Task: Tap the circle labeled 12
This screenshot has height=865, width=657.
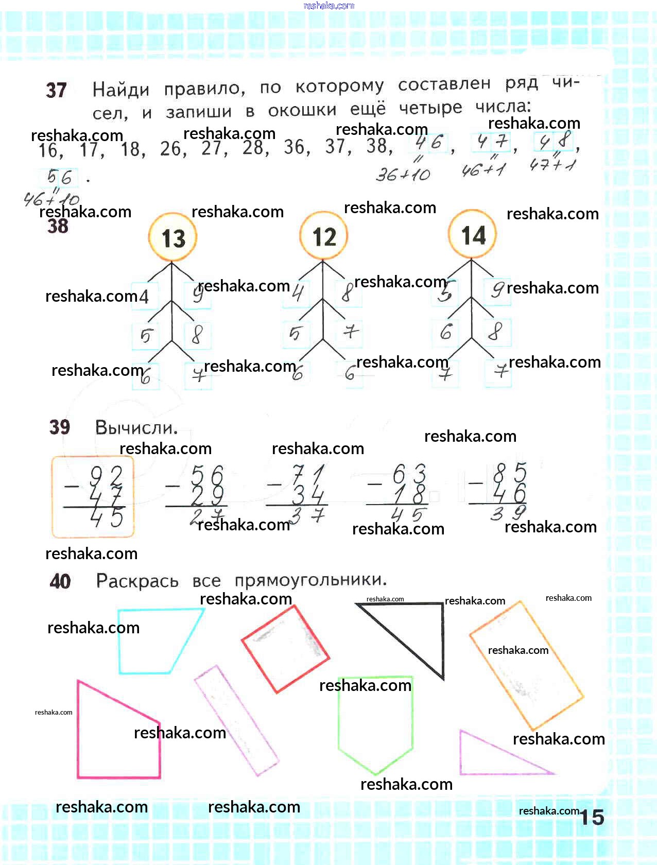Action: coord(324,236)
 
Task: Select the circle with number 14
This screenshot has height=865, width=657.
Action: coord(473,235)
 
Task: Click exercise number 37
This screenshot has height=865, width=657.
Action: coord(56,91)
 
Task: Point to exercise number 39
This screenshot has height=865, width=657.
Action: coord(60,427)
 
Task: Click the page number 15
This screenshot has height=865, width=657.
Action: coord(592,818)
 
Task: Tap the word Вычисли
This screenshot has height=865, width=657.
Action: coord(136,427)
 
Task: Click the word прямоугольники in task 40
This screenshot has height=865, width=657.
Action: coord(310,580)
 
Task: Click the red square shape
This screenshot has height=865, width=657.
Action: coord(286,649)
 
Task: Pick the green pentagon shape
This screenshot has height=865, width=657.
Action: coord(375,721)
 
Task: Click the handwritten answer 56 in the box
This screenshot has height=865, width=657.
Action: coord(59,178)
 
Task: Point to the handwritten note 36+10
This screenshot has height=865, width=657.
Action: coord(403,175)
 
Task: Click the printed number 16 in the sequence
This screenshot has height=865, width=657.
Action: coord(49,150)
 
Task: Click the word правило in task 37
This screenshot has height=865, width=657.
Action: coord(204,89)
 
